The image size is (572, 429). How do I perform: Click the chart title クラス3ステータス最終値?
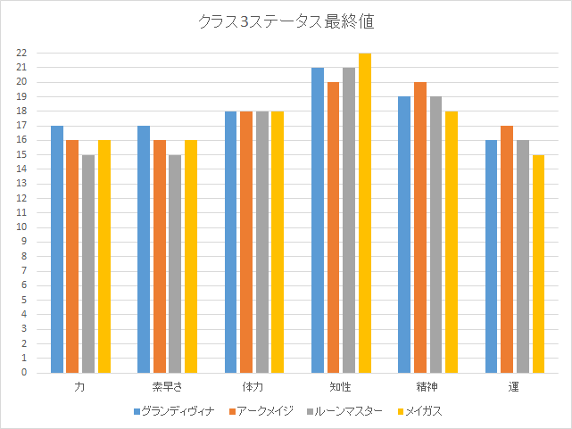coord(286,22)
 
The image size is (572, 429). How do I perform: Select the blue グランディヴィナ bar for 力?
coord(57,250)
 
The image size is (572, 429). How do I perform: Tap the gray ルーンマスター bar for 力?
coord(88,264)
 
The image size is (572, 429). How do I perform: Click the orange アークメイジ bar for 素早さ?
coord(160,257)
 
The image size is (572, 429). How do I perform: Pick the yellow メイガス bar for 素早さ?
coord(191,257)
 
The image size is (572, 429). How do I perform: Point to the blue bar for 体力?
coord(231,243)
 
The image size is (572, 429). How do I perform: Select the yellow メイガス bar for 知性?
coord(365,213)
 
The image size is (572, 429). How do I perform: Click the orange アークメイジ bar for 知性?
coord(334,227)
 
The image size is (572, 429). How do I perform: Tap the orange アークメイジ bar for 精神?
coord(420,227)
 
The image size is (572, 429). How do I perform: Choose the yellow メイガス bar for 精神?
coord(452,243)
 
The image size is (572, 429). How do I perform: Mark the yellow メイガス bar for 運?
coord(539,264)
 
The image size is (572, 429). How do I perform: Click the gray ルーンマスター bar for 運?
coord(523,257)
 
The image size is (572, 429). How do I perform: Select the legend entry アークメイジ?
coord(266,411)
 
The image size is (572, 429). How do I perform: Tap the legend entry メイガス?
coord(423,411)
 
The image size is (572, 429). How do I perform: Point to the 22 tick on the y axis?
coord(21,54)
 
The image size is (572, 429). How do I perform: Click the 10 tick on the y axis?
coord(21,227)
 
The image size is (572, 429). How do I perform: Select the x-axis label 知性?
coord(340,387)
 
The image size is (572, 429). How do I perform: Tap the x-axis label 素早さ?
coord(166,387)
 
